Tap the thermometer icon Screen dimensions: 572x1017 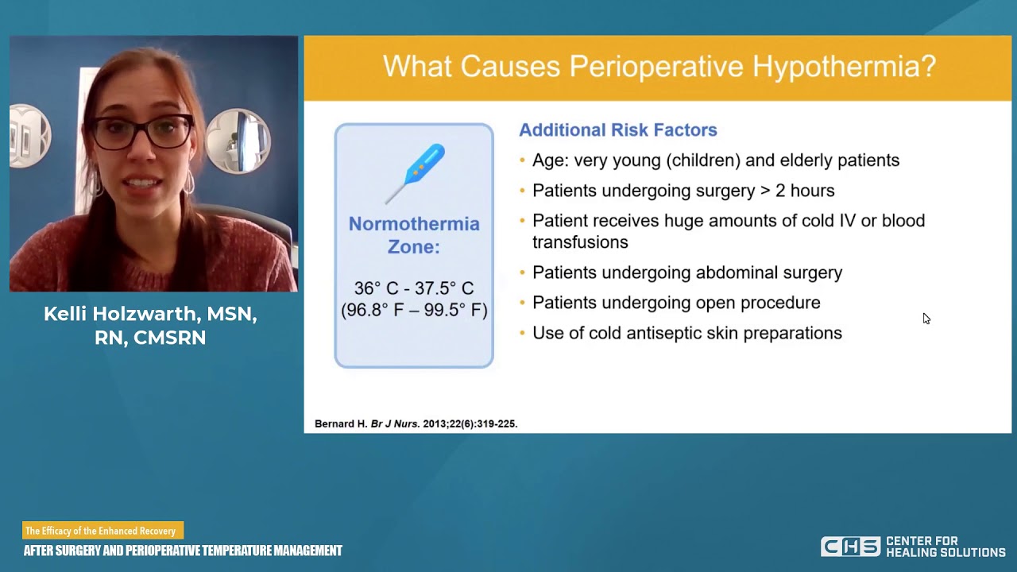pos(416,173)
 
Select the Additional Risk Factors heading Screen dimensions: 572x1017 pos(617,130)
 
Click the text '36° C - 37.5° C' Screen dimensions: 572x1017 pos(413,288)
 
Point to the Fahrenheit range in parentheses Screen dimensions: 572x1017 pos(413,310)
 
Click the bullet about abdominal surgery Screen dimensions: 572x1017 pos(686,272)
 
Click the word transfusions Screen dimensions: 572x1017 pos(580,242)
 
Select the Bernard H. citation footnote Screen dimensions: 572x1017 pos(416,424)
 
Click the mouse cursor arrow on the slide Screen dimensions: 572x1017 pos(926,318)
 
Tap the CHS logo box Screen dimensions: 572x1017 pos(849,547)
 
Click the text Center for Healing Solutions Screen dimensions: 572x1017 pos(945,547)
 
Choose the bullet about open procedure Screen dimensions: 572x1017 pos(675,303)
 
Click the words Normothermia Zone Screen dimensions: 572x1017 pos(413,235)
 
